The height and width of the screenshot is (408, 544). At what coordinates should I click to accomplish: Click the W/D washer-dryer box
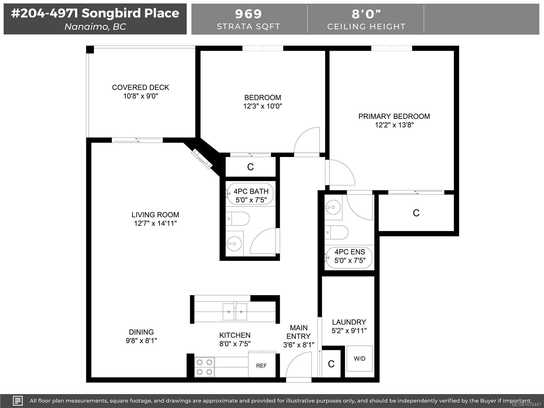pyautogui.click(x=359, y=359)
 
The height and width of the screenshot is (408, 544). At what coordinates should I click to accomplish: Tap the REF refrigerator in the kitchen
pyautogui.click(x=261, y=365)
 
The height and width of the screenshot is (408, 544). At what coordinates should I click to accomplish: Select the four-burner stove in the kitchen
pyautogui.click(x=205, y=367)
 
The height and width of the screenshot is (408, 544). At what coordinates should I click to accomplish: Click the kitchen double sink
pyautogui.click(x=235, y=311)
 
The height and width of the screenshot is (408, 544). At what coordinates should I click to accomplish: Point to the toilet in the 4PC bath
pyautogui.click(x=238, y=219)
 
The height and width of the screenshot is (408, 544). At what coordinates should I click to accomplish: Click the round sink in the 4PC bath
pyautogui.click(x=234, y=243)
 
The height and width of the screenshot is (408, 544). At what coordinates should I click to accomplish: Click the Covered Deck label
pyautogui.click(x=140, y=87)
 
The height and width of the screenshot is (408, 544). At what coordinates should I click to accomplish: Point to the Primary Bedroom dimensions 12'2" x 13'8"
pyautogui.click(x=394, y=125)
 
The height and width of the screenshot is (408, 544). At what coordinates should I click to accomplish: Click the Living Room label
pyautogui.click(x=155, y=215)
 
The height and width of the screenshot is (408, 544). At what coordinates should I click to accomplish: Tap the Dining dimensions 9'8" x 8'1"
pyautogui.click(x=141, y=340)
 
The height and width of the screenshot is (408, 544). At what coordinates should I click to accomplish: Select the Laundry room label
pyautogui.click(x=349, y=322)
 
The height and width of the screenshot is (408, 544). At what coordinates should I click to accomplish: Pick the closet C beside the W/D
pyautogui.click(x=331, y=364)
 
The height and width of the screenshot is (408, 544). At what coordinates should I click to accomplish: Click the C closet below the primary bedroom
pyautogui.click(x=416, y=213)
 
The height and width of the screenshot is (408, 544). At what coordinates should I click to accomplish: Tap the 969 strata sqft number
pyautogui.click(x=249, y=14)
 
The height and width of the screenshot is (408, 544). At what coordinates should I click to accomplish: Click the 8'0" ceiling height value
pyautogui.click(x=366, y=14)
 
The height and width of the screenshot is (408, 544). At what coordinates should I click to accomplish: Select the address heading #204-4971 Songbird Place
pyautogui.click(x=95, y=13)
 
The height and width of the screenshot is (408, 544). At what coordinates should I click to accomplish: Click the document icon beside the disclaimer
pyautogui.click(x=18, y=401)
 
